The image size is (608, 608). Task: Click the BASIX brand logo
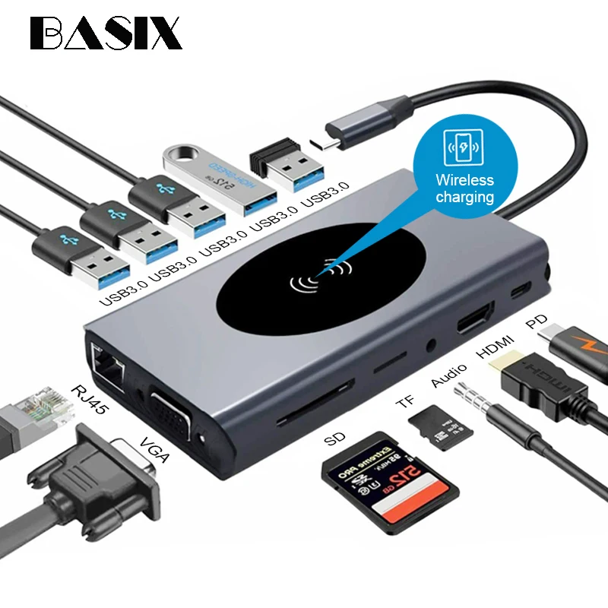(x=106, y=33)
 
